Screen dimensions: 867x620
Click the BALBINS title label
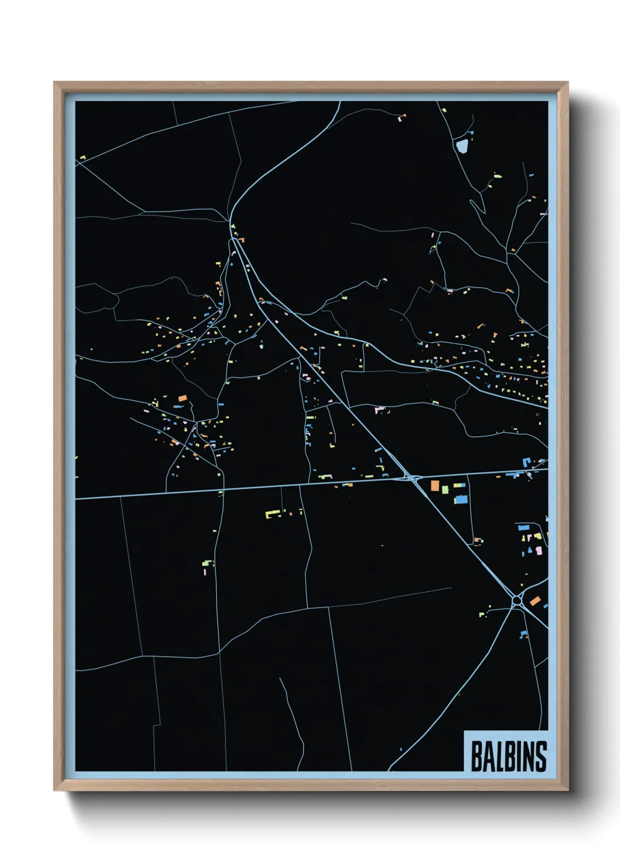(x=507, y=756)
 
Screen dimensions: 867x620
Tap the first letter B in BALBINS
(x=476, y=757)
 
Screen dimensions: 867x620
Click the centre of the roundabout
(x=517, y=600)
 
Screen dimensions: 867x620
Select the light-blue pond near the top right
(x=462, y=145)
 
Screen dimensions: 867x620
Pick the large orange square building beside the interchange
(x=435, y=485)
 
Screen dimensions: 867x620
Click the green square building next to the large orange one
(x=445, y=489)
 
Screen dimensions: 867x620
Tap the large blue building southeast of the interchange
(x=461, y=500)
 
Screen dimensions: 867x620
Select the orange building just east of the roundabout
(x=534, y=600)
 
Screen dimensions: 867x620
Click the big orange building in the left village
(x=182, y=398)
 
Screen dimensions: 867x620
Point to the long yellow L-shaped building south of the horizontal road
(x=272, y=514)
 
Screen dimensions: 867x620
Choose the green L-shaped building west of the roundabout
(x=482, y=614)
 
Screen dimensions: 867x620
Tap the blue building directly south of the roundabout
(x=523, y=634)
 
